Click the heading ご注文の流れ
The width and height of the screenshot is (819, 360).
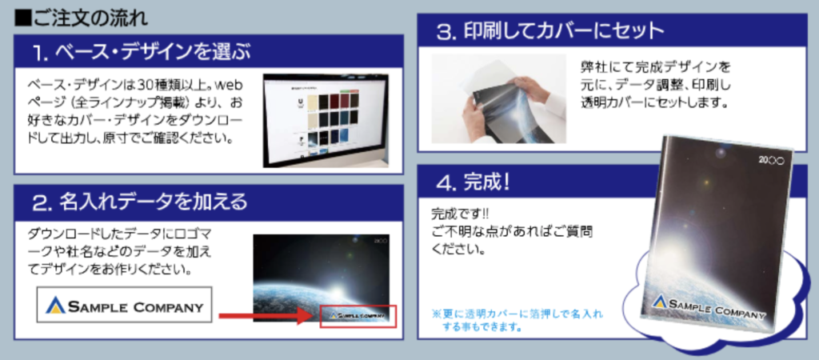[89, 18]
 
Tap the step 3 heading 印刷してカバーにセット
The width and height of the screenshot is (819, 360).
[564, 32]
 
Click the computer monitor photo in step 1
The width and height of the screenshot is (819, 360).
[326, 122]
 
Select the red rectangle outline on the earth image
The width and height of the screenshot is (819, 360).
[358, 317]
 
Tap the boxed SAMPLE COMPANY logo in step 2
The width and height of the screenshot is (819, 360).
[124, 304]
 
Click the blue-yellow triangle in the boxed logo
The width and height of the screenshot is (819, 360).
[55, 305]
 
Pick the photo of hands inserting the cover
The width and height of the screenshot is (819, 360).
[499, 98]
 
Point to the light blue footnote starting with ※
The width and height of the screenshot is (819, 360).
[517, 321]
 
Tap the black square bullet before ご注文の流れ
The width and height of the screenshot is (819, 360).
[22, 19]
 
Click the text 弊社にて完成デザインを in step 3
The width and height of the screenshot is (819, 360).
[655, 67]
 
